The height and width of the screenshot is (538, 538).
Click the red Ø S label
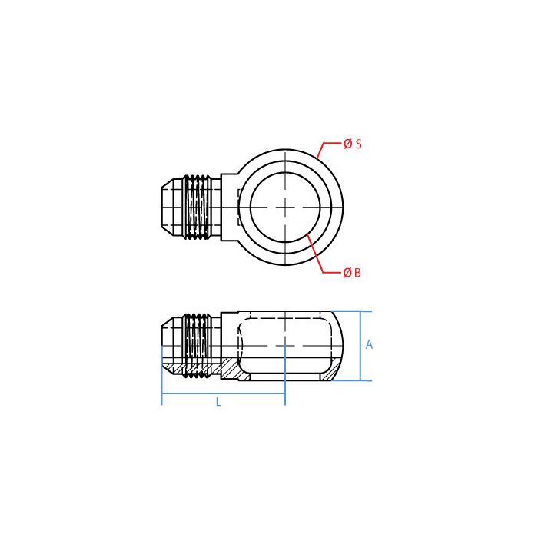353,144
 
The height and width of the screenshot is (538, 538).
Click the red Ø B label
352,273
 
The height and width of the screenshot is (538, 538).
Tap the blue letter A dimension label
369,345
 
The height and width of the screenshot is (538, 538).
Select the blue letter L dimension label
218,402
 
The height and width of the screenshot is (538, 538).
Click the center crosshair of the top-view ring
285,207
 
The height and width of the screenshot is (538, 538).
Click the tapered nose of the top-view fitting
171,207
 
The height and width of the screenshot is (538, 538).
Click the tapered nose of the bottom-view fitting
171,338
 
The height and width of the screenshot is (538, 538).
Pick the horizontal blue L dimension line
223,394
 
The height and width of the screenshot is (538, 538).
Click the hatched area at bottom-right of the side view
329,375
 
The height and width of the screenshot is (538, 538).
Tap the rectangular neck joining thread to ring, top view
228,207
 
